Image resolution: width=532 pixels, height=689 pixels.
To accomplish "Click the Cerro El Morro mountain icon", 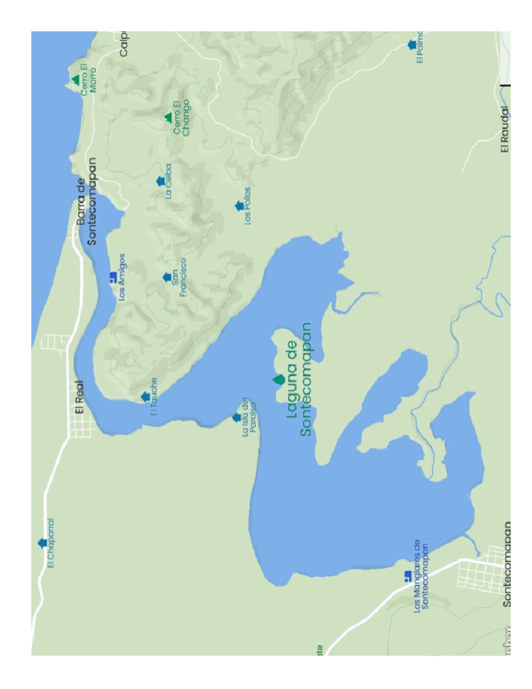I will click(x=76, y=80).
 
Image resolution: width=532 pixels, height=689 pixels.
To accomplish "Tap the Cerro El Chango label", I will click(x=181, y=118).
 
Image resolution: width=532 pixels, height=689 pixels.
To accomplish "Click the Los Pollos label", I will click(x=247, y=206).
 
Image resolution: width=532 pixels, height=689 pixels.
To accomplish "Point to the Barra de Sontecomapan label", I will click(x=86, y=201).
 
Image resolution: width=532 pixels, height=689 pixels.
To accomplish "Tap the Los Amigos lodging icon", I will click(x=113, y=277).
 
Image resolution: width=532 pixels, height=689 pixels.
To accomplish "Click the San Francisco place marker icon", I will click(x=167, y=277).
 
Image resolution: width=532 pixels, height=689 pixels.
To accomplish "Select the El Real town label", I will click(x=79, y=397).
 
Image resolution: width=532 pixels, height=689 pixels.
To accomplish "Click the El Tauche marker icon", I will click(x=145, y=397).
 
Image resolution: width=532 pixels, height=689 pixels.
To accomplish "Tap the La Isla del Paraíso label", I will click(x=249, y=417).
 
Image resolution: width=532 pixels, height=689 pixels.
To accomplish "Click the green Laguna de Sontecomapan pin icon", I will click(x=278, y=380).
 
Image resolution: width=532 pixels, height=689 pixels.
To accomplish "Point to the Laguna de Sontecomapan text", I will click(x=299, y=379).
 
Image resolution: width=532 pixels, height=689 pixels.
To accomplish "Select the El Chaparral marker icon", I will click(x=43, y=543).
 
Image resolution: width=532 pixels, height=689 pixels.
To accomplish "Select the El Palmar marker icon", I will click(x=412, y=45).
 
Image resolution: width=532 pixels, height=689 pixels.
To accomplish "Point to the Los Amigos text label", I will click(x=122, y=277).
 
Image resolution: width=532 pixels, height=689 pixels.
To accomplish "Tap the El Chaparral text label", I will click(x=51, y=543).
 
